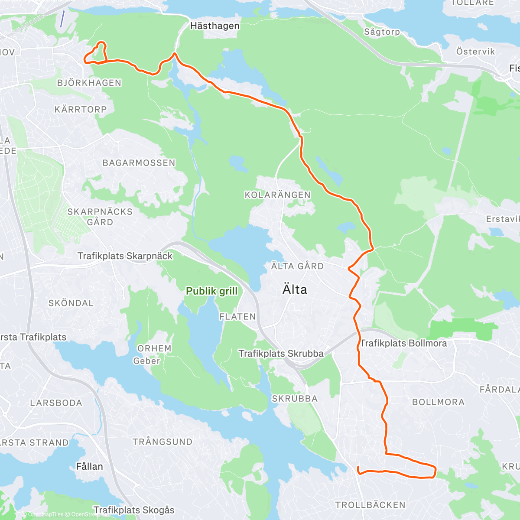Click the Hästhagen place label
click(x=214, y=26)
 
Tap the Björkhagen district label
click(x=89, y=83)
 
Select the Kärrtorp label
click(x=81, y=110)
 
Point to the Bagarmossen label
click(x=139, y=163)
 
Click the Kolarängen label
click(x=277, y=195)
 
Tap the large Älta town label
click(x=295, y=289)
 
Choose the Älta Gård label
click(x=297, y=266)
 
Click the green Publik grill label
click(x=211, y=291)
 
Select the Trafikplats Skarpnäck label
click(x=125, y=256)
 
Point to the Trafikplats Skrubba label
click(x=281, y=354)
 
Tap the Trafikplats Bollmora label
click(x=403, y=343)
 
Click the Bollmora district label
click(x=438, y=402)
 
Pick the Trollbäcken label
click(x=370, y=505)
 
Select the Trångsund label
click(x=162, y=442)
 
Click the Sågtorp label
click(x=382, y=32)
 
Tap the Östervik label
click(x=475, y=52)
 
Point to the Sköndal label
click(x=71, y=303)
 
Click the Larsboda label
click(x=56, y=403)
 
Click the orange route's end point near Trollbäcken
click(x=358, y=467)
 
